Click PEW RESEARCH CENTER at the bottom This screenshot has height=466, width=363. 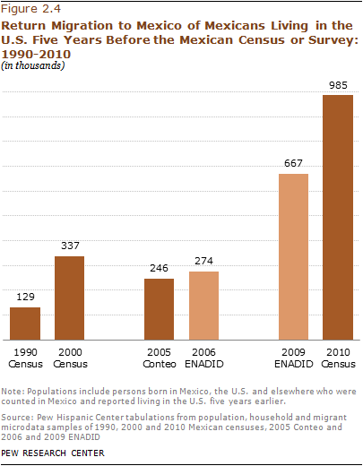click(54, 453)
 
